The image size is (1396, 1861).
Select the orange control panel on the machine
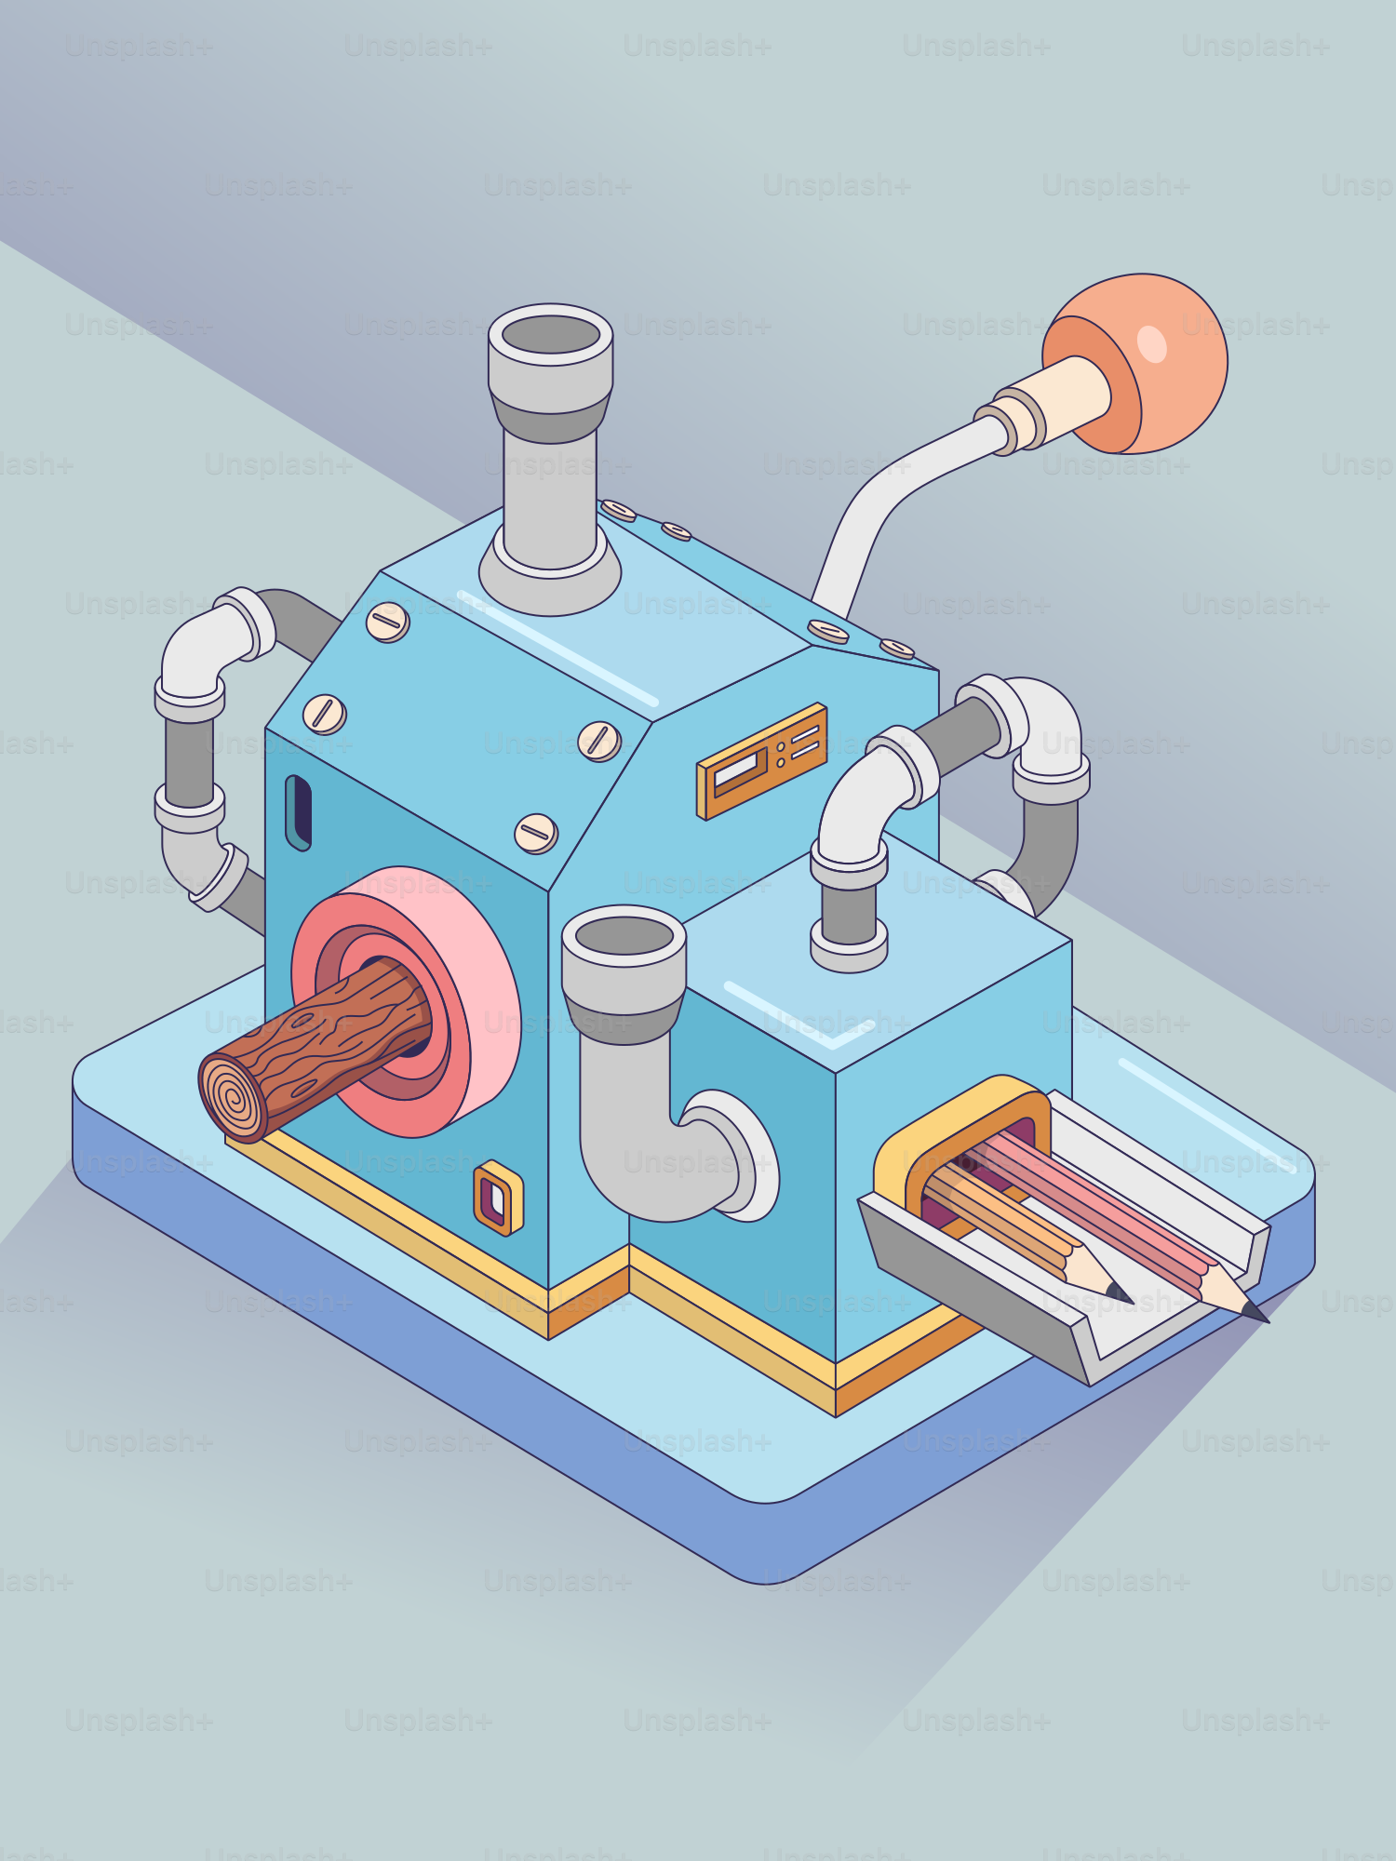761,761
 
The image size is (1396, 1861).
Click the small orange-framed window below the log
498,1198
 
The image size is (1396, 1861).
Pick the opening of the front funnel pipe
624,935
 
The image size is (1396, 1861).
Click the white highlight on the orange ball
1152,343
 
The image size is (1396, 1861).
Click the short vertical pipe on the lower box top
848,917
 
